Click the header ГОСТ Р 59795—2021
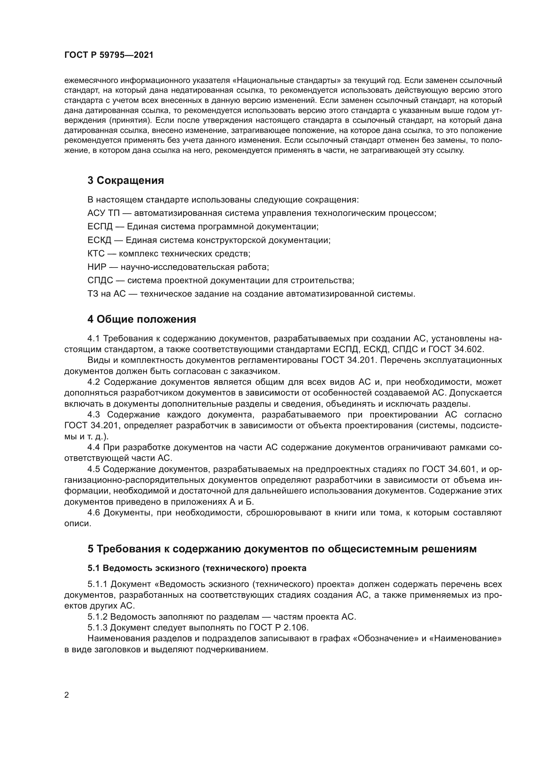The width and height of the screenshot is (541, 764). pyautogui.click(x=109, y=55)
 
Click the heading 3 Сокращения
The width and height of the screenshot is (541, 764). pyautogui.click(x=126, y=181)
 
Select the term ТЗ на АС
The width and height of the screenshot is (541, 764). pyautogui.click(x=106, y=294)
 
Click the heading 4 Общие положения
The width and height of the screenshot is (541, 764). pyautogui.click(x=142, y=319)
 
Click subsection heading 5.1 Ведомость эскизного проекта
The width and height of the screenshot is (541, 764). pyautogui.click(x=197, y=568)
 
